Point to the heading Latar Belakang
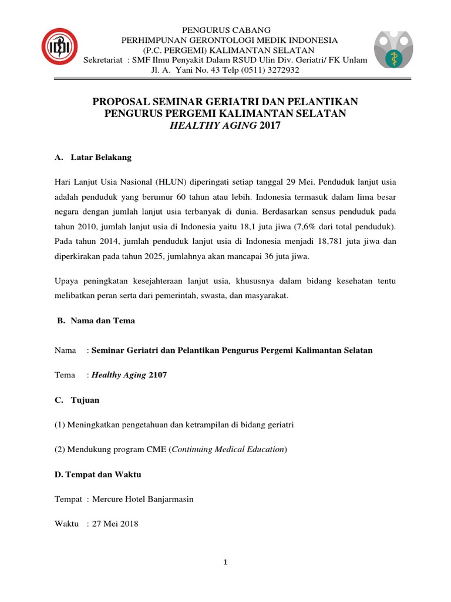click(x=101, y=158)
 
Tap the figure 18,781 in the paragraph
click(x=315, y=241)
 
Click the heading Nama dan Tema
click(x=103, y=321)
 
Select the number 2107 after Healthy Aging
click(x=157, y=374)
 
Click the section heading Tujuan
click(x=85, y=400)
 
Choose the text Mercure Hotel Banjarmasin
click(x=142, y=499)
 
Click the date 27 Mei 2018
click(x=114, y=523)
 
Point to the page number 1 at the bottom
click(x=225, y=562)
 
